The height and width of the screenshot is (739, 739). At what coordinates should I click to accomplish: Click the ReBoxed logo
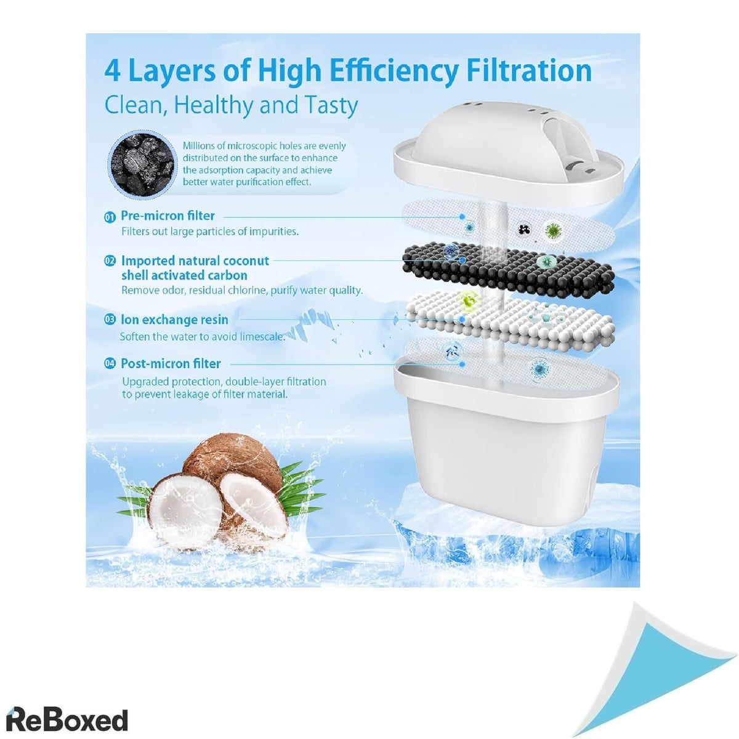(67, 709)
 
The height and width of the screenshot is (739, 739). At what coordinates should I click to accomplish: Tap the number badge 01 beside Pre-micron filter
(110, 217)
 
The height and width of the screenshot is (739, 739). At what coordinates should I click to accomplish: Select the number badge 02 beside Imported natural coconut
(110, 261)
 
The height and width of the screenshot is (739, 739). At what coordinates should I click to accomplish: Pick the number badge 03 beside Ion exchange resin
(110, 320)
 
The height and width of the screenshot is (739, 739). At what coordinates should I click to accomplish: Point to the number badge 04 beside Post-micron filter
(110, 363)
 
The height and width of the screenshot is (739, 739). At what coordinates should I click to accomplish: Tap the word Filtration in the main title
(530, 71)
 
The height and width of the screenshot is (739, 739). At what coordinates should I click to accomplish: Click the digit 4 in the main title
(112, 71)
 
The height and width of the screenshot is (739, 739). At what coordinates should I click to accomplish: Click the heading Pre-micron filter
(168, 216)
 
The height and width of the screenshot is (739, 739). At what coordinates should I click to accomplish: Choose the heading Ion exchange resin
(174, 320)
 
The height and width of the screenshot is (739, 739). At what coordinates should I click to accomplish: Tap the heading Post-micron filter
(171, 363)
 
